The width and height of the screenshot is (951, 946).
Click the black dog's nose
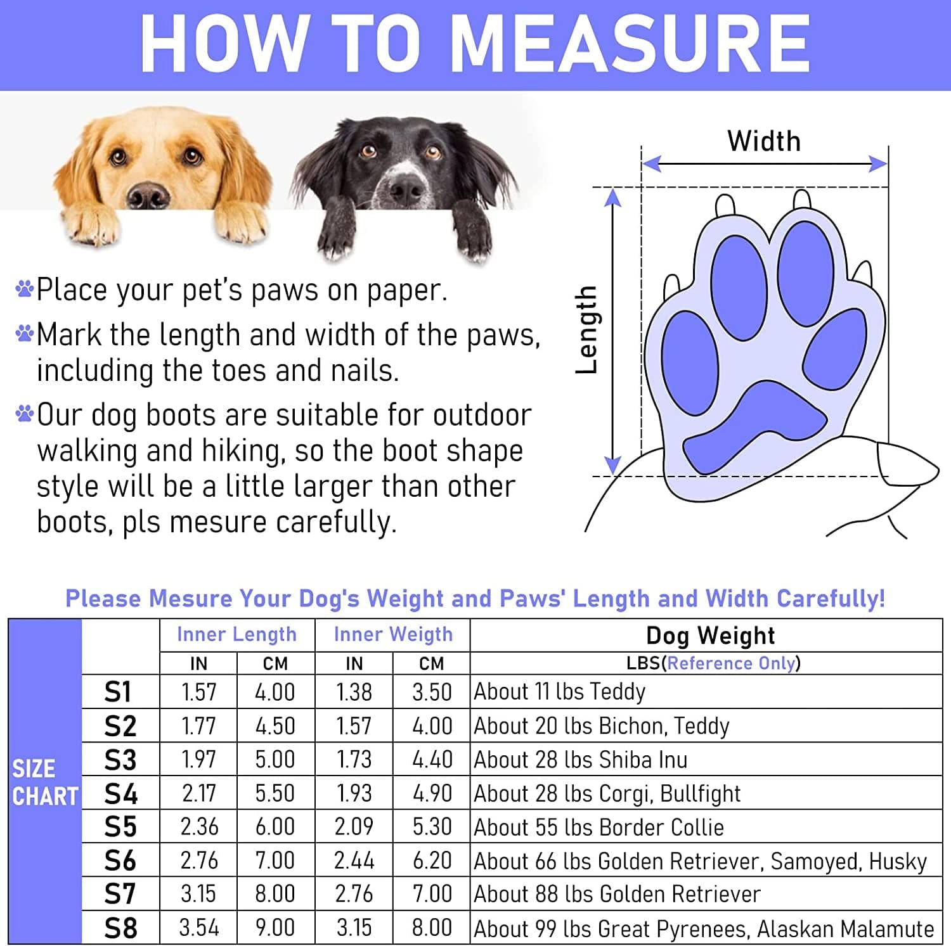tap(406, 189)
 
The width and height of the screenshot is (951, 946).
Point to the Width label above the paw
tap(764, 141)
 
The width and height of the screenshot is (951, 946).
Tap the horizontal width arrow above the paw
tap(764, 164)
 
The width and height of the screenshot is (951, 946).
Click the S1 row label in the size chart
tap(118, 692)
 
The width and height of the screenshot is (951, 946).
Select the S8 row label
tap(120, 928)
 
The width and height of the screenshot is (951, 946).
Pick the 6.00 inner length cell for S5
tap(275, 827)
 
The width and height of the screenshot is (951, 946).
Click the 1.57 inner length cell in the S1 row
tap(198, 692)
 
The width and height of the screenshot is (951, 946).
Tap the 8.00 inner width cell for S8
tap(432, 928)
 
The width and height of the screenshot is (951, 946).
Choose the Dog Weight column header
tap(710, 636)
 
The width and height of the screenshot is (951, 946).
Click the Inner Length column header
tap(236, 634)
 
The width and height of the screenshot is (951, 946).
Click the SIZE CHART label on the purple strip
tap(44, 783)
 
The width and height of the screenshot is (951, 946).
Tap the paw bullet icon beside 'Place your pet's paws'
tap(24, 289)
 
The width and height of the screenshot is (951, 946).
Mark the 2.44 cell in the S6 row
tap(354, 861)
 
